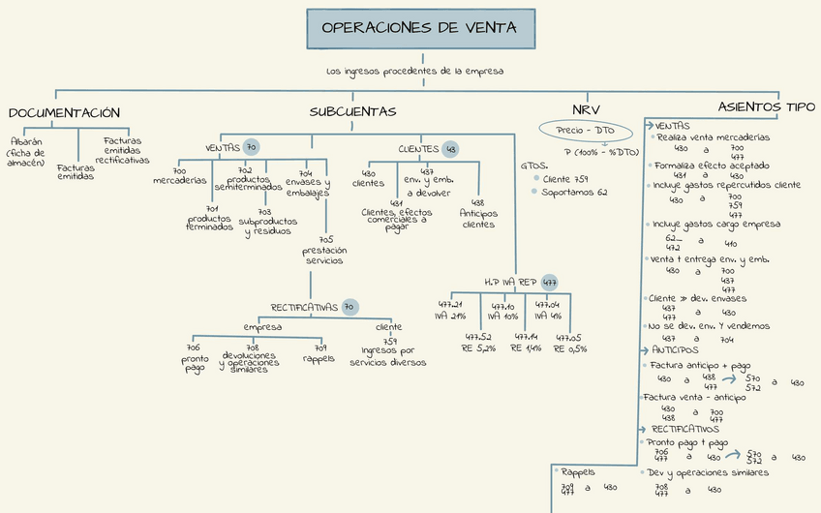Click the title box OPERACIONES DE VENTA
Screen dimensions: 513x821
[x=418, y=28]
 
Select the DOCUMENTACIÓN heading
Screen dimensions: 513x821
[x=64, y=113]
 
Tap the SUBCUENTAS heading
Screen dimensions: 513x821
[x=352, y=112]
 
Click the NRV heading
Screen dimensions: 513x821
[x=584, y=110]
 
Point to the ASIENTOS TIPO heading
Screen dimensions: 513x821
[x=766, y=106]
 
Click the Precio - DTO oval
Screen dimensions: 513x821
[x=586, y=130]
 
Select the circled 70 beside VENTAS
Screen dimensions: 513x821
[x=251, y=147]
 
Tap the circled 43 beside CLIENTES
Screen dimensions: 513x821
[x=450, y=149]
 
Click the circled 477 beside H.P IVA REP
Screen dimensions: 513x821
[x=549, y=282]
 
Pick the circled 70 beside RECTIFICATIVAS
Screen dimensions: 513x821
[x=350, y=307]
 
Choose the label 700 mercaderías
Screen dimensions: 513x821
[x=179, y=177]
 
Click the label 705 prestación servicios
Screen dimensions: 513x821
[x=325, y=250]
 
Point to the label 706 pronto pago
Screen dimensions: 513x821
[x=194, y=358]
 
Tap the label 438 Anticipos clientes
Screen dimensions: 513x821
[x=478, y=214]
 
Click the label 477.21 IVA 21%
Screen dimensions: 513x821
[x=451, y=310]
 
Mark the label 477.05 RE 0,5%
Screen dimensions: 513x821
[x=569, y=343]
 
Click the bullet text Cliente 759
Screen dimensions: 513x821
[x=565, y=179]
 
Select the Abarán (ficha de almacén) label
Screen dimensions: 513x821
[x=26, y=151]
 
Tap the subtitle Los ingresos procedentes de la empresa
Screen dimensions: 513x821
[x=414, y=71]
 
